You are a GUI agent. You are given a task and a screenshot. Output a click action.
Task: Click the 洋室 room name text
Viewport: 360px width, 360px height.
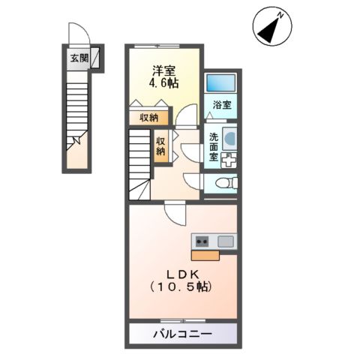(164, 70)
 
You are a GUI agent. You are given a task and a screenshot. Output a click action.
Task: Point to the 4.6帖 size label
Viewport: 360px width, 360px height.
(164, 83)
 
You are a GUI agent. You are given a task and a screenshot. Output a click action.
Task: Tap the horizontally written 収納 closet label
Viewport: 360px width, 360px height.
(148, 117)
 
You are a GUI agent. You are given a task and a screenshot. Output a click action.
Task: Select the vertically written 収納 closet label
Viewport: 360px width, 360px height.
(161, 145)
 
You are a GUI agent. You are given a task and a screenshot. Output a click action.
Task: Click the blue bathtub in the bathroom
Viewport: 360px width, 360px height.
(220, 84)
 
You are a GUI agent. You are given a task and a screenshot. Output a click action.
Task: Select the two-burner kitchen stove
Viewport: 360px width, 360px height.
(202, 241)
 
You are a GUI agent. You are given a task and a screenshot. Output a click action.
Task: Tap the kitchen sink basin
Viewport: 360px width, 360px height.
(226, 241)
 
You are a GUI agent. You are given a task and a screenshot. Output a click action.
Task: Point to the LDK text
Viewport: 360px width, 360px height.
(180, 272)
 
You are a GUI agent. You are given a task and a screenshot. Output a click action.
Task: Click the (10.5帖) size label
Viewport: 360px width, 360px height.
(180, 287)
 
